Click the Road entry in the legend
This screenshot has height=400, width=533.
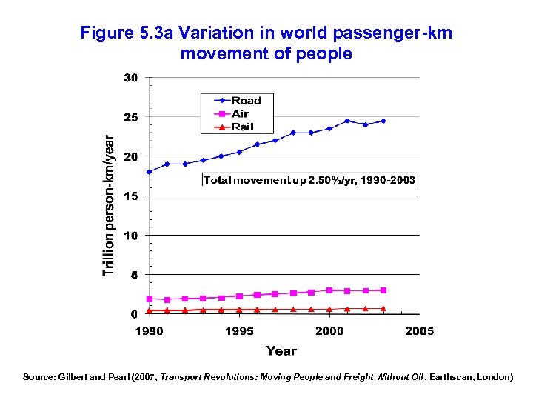[246, 101]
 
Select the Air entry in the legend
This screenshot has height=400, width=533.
[240, 114]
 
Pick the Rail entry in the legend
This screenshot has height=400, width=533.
[242, 127]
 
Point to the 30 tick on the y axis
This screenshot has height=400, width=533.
[131, 78]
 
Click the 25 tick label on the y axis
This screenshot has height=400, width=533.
[131, 117]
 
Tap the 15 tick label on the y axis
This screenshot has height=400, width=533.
[131, 196]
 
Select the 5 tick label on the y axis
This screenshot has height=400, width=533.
[134, 275]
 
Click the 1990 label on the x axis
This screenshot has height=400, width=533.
[149, 331]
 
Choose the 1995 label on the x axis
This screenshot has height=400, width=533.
[239, 331]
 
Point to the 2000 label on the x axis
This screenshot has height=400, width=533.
[329, 331]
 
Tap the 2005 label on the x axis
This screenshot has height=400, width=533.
[420, 331]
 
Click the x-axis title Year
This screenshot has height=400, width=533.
[281, 351]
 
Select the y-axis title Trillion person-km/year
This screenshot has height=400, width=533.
[109, 205]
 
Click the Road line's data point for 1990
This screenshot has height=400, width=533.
[150, 172]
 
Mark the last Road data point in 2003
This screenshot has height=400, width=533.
[383, 121]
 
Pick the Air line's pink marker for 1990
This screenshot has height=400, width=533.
[150, 299]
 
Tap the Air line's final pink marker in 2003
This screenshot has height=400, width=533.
[383, 290]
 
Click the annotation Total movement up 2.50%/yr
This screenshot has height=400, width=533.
[309, 180]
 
